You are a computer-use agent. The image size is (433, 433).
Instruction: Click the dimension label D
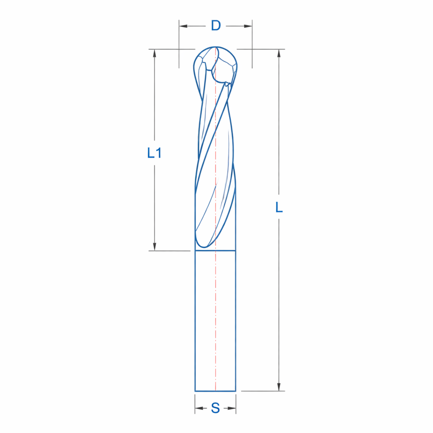point(216,26)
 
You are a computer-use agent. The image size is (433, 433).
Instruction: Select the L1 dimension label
point(154,153)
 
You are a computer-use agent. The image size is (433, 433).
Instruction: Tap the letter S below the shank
point(216,408)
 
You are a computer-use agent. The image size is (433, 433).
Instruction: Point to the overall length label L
point(279,207)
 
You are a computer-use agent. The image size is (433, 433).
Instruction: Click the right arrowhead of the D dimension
point(248,26)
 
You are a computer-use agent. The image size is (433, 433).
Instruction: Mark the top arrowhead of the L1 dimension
point(154,53)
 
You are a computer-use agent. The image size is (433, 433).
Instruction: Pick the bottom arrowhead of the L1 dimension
point(154,247)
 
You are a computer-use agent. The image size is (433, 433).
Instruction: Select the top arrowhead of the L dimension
point(279,53)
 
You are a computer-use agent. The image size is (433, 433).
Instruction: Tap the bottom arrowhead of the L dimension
point(279,387)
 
